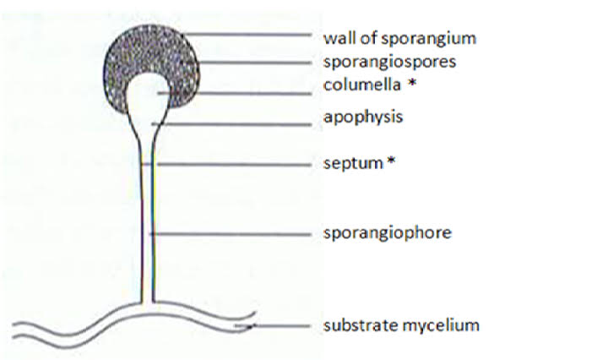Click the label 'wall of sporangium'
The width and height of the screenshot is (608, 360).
(399, 38)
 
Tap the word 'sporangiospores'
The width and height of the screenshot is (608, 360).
(389, 62)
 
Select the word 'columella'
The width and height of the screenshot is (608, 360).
(361, 85)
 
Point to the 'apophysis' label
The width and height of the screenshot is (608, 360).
(363, 117)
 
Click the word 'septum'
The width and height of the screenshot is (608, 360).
(353, 163)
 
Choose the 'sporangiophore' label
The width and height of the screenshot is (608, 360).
(388, 232)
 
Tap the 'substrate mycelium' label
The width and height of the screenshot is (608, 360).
(401, 325)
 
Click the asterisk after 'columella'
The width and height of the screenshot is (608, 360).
(413, 83)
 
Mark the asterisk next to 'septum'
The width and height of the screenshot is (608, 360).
(391, 161)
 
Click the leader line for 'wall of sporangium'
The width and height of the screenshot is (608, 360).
(247, 35)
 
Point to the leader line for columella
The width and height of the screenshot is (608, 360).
(235, 93)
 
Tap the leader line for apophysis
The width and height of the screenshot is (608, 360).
(231, 124)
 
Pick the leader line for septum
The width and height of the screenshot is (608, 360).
(234, 165)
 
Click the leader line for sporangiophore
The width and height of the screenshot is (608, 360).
(231, 234)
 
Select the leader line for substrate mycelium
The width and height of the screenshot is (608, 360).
(272, 326)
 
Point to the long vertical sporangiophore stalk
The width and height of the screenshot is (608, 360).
(147, 217)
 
